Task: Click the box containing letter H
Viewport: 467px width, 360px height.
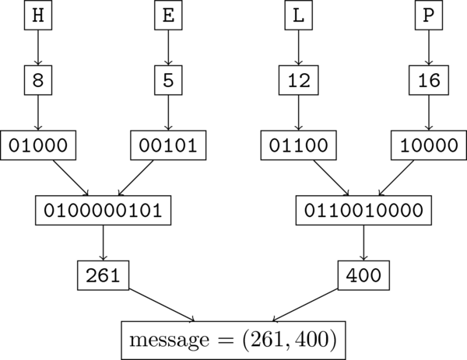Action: [37, 15]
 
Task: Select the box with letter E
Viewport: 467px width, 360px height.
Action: [168, 15]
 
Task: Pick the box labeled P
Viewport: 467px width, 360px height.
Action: [428, 15]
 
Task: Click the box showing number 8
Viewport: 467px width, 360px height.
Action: [37, 79]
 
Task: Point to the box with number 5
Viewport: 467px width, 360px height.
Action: [168, 79]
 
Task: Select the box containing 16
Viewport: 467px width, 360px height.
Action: [428, 79]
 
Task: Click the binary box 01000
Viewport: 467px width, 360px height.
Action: [37, 145]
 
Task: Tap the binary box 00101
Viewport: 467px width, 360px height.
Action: [168, 145]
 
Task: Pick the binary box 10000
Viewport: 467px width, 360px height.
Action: [428, 145]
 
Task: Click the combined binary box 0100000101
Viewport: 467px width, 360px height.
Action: [103, 209]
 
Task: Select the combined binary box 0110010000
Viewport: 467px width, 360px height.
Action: [363, 209]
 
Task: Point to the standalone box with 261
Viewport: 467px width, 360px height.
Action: [103, 274]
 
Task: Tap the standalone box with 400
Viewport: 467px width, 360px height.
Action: [363, 274]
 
